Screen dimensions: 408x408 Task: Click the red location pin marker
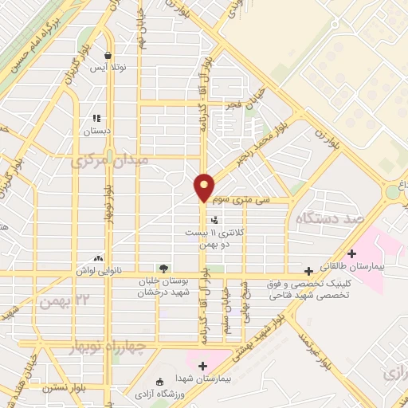click(205, 186)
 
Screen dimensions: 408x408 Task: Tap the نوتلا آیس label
click(107, 69)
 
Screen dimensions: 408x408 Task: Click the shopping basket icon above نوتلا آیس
click(108, 55)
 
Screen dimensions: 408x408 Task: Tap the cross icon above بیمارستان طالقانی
click(351, 253)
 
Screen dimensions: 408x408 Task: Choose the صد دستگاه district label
click(325, 218)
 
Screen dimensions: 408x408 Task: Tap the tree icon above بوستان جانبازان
click(164, 269)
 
